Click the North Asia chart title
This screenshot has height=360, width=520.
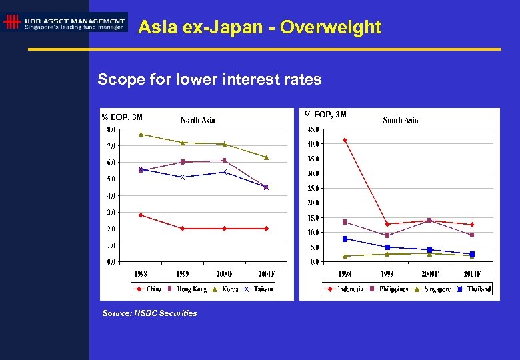pyautogui.click(x=198, y=120)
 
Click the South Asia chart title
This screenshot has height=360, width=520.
pyautogui.click(x=401, y=120)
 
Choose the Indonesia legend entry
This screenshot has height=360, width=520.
pyautogui.click(x=347, y=289)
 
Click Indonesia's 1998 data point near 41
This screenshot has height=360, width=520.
pyautogui.click(x=345, y=140)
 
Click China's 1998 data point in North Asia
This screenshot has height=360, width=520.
pyautogui.click(x=140, y=215)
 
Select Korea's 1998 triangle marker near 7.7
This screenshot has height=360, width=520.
pyautogui.click(x=140, y=134)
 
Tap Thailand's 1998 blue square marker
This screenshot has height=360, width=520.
pyautogui.click(x=345, y=239)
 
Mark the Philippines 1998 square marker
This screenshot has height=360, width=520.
pyautogui.click(x=345, y=222)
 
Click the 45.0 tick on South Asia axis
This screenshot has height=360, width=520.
pyautogui.click(x=312, y=129)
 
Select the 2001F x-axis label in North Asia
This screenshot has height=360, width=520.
pyautogui.click(x=266, y=273)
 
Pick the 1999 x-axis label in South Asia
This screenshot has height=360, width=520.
pyautogui.click(x=387, y=273)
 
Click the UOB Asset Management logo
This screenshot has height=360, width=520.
pyautogui.click(x=65, y=23)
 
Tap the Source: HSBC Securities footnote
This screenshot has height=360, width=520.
pyautogui.click(x=150, y=313)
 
